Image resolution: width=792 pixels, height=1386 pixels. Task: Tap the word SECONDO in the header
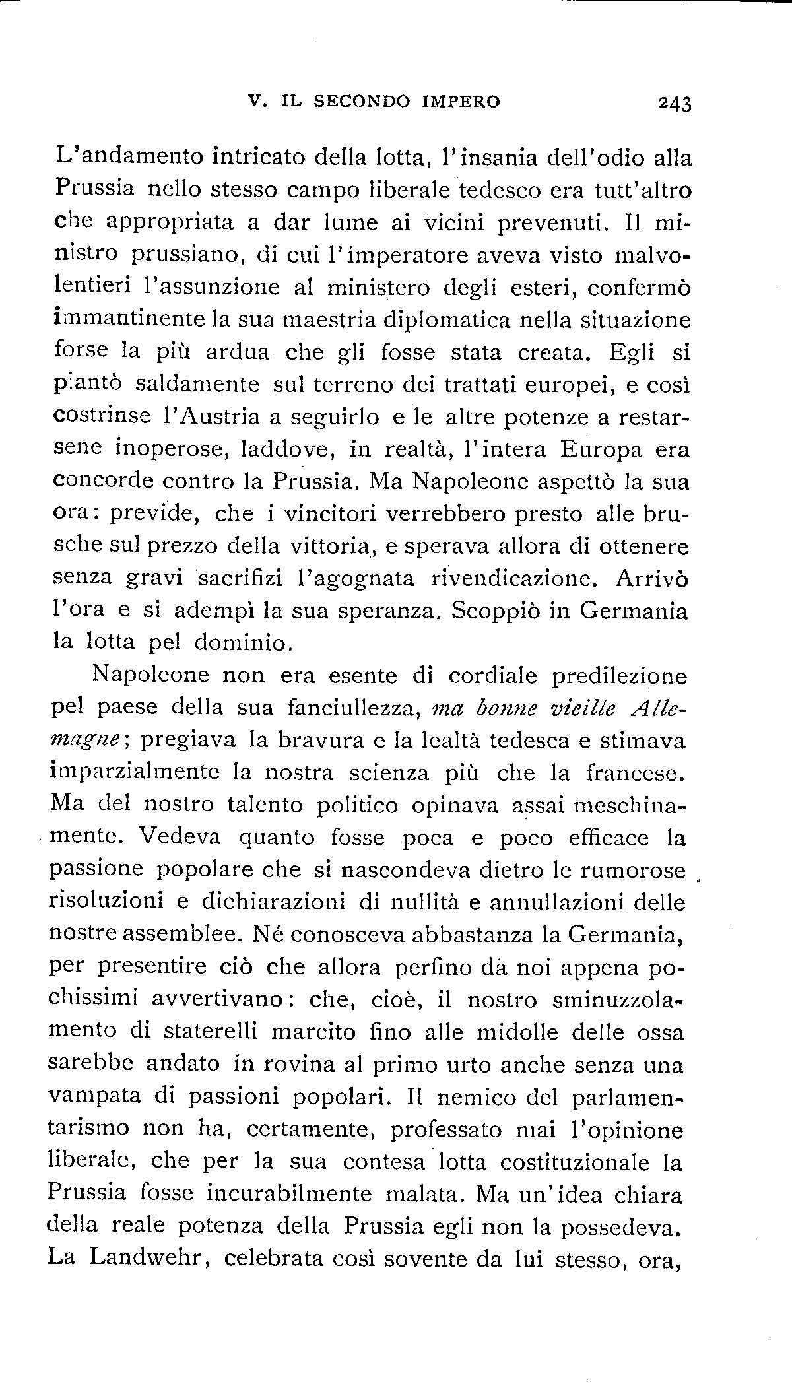(x=360, y=102)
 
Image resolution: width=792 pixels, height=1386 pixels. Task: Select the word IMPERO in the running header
(x=461, y=102)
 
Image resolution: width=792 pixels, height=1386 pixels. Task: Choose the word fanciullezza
(x=354, y=708)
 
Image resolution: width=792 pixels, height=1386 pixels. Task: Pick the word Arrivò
(x=651, y=578)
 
